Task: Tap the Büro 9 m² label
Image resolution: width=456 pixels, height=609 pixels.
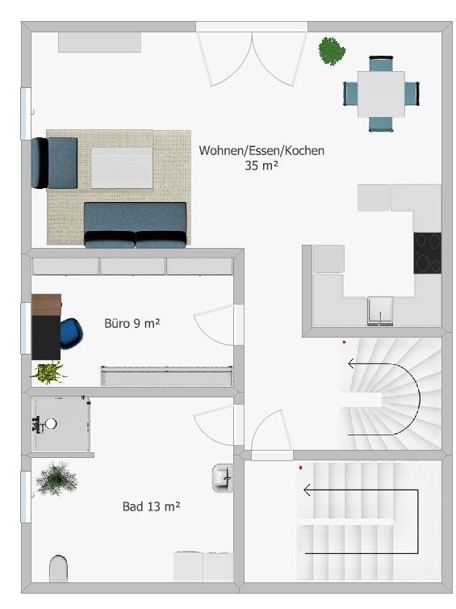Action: pyautogui.click(x=132, y=323)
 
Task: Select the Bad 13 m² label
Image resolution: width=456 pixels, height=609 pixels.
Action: pyautogui.click(x=151, y=506)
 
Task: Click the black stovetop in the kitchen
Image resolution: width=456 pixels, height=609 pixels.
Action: pyautogui.click(x=427, y=253)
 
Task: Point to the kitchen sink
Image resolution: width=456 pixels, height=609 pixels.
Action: pyautogui.click(x=380, y=310)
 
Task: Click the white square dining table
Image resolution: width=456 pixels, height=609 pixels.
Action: pyautogui.click(x=381, y=94)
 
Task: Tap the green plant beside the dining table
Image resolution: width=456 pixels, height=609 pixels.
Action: pyautogui.click(x=332, y=51)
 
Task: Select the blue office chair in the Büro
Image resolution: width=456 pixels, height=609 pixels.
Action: pyautogui.click(x=71, y=334)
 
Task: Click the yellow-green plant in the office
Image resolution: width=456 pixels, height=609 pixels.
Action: pyautogui.click(x=48, y=373)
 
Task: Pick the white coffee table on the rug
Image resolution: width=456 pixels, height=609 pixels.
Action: pyautogui.click(x=122, y=168)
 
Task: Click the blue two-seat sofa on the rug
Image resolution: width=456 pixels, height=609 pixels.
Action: pyautogui.click(x=135, y=225)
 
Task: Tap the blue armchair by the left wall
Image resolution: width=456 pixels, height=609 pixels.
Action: pyautogui.click(x=54, y=162)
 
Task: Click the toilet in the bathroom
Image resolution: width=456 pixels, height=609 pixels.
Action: pyautogui.click(x=59, y=569)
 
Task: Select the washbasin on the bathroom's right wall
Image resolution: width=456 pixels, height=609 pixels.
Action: pyautogui.click(x=223, y=478)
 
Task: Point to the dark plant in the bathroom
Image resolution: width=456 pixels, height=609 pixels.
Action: pyautogui.click(x=56, y=479)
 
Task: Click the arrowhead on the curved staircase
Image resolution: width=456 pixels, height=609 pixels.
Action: pyautogui.click(x=351, y=363)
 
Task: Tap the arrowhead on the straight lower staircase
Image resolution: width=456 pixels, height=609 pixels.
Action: pyautogui.click(x=307, y=489)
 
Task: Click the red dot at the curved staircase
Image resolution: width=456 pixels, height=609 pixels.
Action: pyautogui.click(x=344, y=342)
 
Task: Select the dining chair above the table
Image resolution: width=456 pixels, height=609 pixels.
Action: pyautogui.click(x=381, y=64)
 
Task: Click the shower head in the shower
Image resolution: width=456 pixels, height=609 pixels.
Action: pyautogui.click(x=51, y=423)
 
